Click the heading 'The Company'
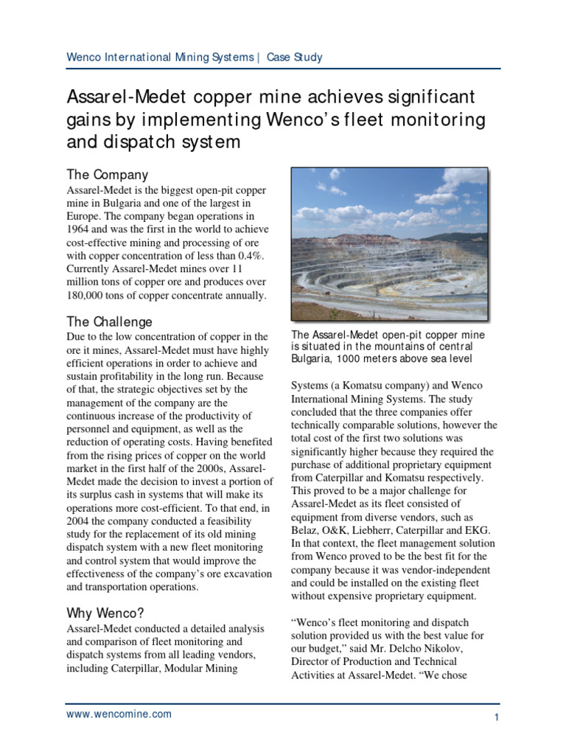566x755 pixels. [x=108, y=175]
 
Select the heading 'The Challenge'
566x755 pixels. [x=110, y=321]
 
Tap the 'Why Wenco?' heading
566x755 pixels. [x=107, y=613]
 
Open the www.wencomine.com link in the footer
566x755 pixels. [x=119, y=714]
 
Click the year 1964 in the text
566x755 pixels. [x=79, y=230]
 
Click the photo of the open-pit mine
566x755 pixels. [x=389, y=243]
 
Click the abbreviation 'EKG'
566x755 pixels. [x=480, y=530]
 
